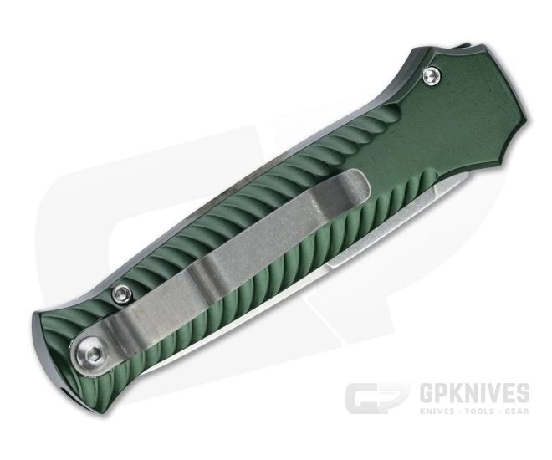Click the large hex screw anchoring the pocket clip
[x=88, y=351]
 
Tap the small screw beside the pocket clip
[x=121, y=294]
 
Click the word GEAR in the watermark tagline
[x=517, y=411]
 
